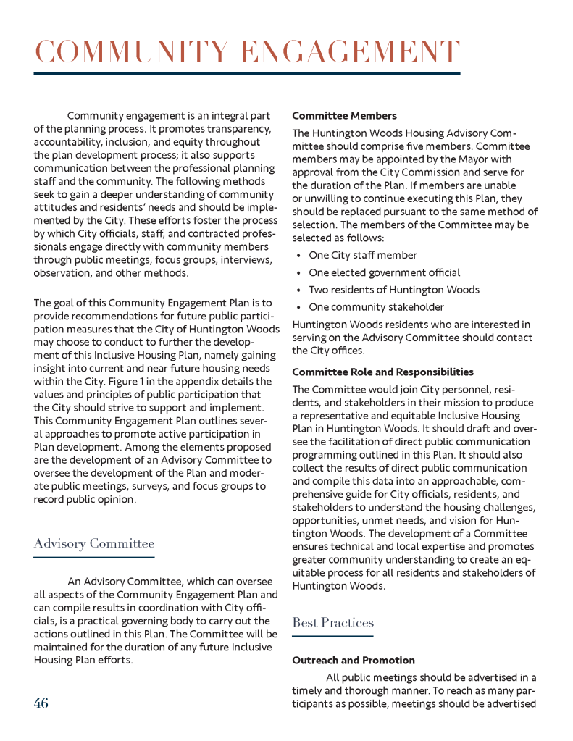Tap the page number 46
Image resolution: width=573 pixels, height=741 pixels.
tap(41, 703)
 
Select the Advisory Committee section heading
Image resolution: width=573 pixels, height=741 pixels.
tap(94, 543)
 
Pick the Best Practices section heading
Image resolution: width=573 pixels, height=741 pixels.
tap(332, 622)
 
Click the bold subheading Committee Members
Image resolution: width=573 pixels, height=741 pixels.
tap(344, 116)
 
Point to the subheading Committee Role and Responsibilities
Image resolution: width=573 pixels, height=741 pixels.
tap(382, 372)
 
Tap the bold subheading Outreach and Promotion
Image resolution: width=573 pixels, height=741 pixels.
tap(354, 661)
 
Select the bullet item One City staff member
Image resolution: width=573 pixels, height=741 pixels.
tap(363, 255)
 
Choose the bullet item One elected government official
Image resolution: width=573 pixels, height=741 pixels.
tap(384, 272)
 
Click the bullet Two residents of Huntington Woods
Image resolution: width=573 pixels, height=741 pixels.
tap(394, 290)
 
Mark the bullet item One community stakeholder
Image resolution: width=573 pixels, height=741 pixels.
tap(376, 307)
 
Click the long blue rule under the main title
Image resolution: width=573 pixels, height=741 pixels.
tap(246, 73)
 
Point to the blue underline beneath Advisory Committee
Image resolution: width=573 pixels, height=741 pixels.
tap(94, 557)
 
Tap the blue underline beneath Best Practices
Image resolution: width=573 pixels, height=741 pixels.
tap(332, 636)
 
